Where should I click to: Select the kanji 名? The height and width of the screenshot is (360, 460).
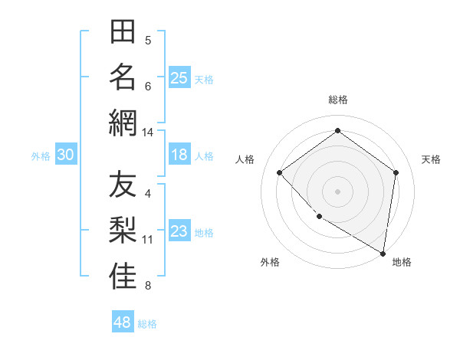pos(123,77)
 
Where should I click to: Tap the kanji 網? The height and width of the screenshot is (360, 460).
pos(123,123)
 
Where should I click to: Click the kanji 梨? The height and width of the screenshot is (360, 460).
pos(123,231)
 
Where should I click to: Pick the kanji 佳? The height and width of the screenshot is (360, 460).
pos(123,276)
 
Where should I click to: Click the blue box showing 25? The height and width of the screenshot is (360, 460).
pos(179,77)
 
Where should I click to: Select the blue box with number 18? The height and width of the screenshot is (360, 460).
pos(179,155)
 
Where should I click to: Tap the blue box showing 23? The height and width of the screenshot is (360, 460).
pos(179,232)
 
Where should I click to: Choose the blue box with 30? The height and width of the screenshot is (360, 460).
pos(65,155)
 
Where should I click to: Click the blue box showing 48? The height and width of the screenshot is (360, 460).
pos(123,322)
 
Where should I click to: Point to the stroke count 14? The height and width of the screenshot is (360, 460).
pos(147,133)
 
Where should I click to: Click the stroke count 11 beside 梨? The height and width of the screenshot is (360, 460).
pos(148,240)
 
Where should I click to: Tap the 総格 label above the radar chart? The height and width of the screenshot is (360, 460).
pos(338,100)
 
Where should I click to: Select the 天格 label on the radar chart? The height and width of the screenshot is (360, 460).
pos(431,159)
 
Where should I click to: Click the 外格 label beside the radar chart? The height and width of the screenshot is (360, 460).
pos(270,263)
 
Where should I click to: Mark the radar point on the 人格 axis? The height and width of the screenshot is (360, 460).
pos(280,172)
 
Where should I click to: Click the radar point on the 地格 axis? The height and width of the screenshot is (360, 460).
pos(383,253)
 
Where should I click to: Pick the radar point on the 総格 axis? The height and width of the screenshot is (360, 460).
pos(337,131)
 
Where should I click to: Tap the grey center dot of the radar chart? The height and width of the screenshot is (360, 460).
pos(337,191)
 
